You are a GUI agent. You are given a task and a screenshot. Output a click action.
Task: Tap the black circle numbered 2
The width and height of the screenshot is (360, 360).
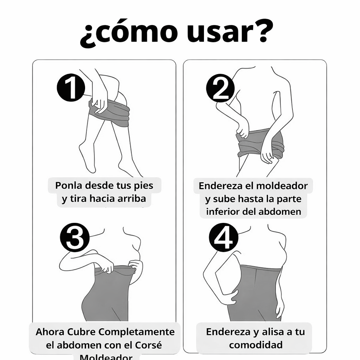pos(220,88)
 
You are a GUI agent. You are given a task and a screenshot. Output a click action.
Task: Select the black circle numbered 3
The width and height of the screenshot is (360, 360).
pos(75,238)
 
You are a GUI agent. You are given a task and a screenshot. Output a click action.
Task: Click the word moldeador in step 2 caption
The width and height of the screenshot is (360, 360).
pos(282,185)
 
